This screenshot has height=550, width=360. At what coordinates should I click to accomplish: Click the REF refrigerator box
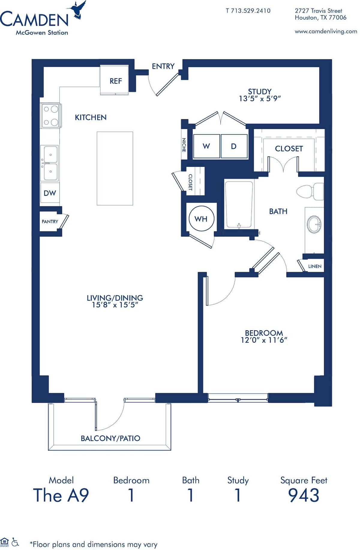tap(115, 81)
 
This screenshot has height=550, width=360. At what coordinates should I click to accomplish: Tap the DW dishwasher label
tap(50, 193)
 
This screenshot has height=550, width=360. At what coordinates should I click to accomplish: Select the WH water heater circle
tap(201, 219)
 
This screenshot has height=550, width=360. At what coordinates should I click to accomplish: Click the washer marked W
tap(206, 146)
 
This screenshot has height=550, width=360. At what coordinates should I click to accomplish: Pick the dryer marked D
tap(234, 146)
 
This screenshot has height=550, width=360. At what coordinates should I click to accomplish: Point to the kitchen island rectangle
tap(115, 168)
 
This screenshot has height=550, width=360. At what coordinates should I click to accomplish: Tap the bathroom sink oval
tap(314, 224)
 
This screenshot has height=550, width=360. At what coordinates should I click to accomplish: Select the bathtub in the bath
tap(239, 204)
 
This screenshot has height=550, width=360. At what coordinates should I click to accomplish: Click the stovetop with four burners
tap(50, 116)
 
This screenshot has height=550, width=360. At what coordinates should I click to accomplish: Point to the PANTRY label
tap(50, 221)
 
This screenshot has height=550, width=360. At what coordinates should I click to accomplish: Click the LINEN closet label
tap(315, 266)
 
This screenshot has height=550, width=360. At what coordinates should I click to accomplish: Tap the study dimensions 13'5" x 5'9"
tap(259, 99)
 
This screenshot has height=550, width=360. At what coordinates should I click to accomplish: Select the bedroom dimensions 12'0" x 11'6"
tap(264, 340)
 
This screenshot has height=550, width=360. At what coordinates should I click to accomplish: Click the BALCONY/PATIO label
tap(110, 438)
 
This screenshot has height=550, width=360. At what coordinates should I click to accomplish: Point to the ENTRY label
tap(163, 66)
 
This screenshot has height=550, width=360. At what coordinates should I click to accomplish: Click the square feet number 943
tap(304, 495)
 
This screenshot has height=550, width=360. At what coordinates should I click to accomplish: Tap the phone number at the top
tap(248, 11)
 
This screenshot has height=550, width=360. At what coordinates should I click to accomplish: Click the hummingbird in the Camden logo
tap(77, 10)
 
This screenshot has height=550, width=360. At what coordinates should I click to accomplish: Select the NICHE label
tap(184, 145)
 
